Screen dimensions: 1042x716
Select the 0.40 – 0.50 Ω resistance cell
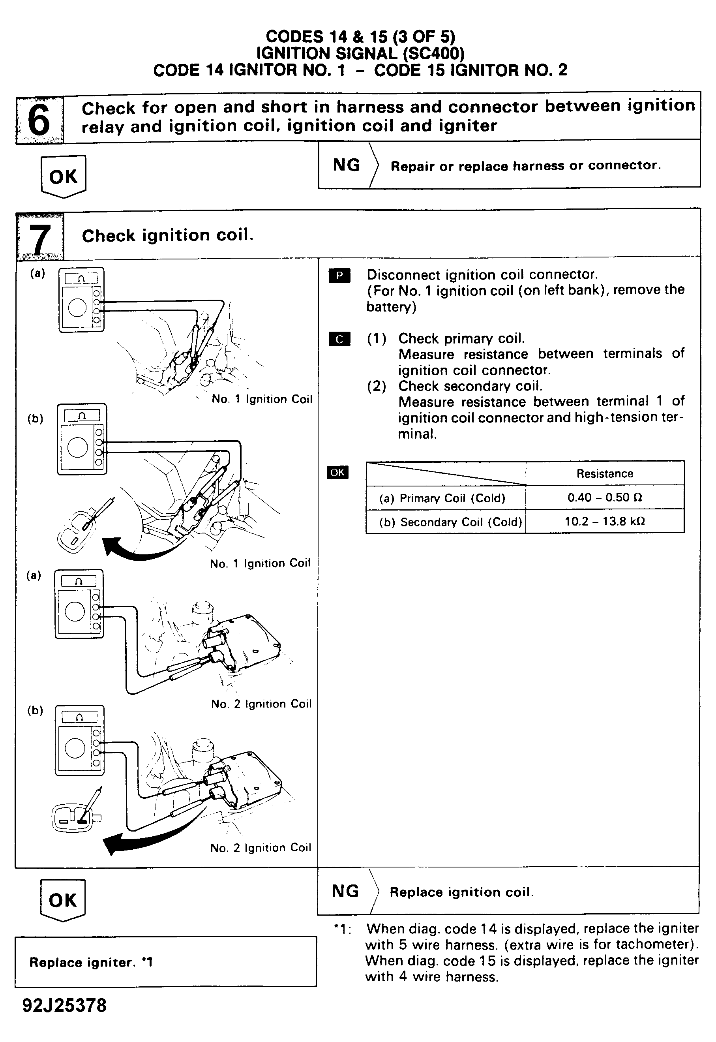pyautogui.click(x=604, y=497)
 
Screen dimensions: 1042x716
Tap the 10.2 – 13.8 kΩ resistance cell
pyautogui.click(x=604, y=522)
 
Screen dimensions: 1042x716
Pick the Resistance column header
pyautogui.click(x=604, y=473)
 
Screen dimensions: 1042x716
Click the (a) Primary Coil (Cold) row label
pyautogui.click(x=442, y=498)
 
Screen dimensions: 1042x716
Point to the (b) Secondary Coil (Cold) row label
pyautogui.click(x=450, y=522)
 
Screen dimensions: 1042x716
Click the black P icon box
pyautogui.click(x=339, y=276)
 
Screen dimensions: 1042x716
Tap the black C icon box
pyautogui.click(x=339, y=339)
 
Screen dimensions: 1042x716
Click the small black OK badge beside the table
pyautogui.click(x=337, y=472)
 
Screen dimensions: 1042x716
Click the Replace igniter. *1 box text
pyautogui.click(x=91, y=962)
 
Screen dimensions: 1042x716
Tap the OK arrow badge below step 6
pyautogui.click(x=63, y=176)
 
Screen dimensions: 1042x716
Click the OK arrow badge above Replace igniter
pyautogui.click(x=63, y=900)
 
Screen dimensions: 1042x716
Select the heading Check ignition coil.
pyautogui.click(x=167, y=235)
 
